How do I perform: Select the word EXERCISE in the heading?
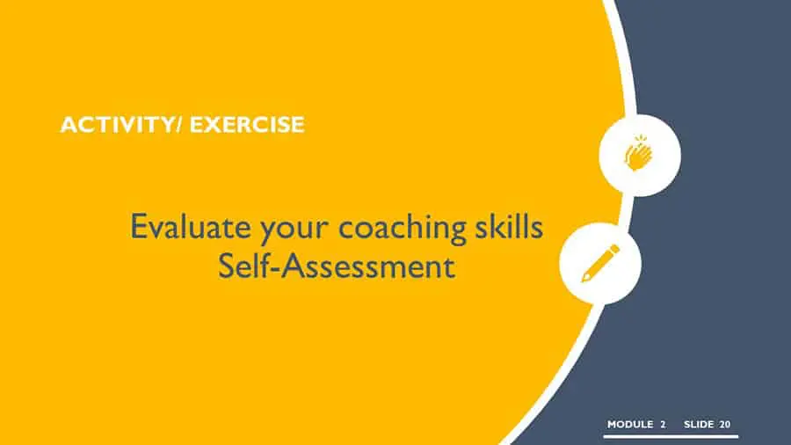pyautogui.click(x=247, y=125)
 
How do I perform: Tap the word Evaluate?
pyautogui.click(x=191, y=227)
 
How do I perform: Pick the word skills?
pyautogui.click(x=509, y=226)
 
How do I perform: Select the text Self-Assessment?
pyautogui.click(x=337, y=266)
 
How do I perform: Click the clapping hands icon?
pyautogui.click(x=639, y=153)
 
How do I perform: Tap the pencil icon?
pyautogui.click(x=600, y=263)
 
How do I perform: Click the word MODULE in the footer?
pyautogui.click(x=630, y=424)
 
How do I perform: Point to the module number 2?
pyautogui.click(x=663, y=424)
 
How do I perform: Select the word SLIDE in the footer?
pyautogui.click(x=699, y=424)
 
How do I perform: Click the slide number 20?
pyautogui.click(x=725, y=424)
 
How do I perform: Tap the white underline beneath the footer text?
pyautogui.click(x=671, y=436)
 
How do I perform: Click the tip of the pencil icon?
pyautogui.click(x=583, y=281)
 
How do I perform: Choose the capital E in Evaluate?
pyautogui.click(x=138, y=227)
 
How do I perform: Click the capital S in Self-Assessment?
pyautogui.click(x=226, y=266)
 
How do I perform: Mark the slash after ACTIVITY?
pyautogui.click(x=180, y=125)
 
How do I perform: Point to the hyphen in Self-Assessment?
pyautogui.click(x=274, y=270)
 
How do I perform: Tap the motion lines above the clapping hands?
pyautogui.click(x=641, y=139)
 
